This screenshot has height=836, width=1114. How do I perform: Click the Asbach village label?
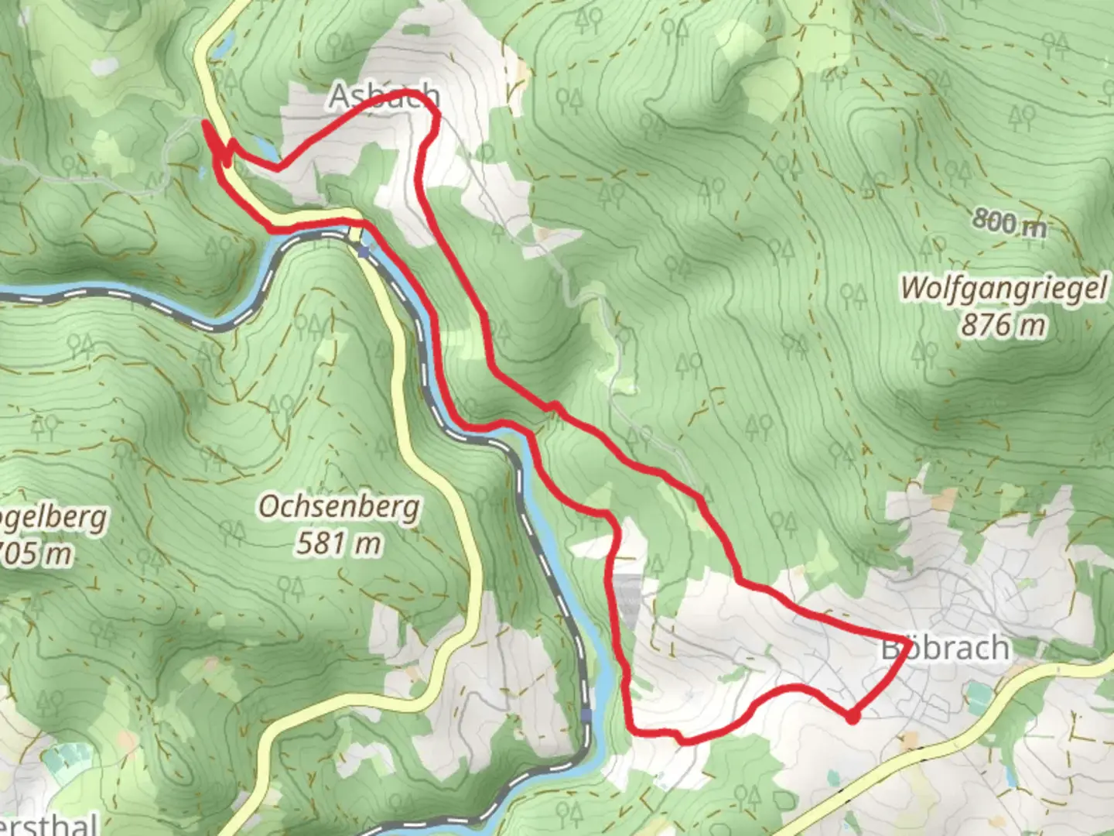384,96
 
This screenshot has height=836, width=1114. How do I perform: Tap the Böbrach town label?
945,648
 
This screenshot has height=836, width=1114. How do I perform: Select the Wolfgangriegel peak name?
1003,289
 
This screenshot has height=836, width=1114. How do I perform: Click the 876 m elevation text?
1003,325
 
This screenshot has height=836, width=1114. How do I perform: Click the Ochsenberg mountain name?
340,507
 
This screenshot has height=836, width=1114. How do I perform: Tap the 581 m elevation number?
340,543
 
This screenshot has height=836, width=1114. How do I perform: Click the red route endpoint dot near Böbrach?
852,718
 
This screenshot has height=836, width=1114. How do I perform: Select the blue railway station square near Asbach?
364,249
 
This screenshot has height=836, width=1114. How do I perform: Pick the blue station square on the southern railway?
586,715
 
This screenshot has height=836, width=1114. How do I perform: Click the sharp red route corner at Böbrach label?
904,642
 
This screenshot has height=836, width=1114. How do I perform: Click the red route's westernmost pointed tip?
204,122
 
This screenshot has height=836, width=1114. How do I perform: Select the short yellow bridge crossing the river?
355,232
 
